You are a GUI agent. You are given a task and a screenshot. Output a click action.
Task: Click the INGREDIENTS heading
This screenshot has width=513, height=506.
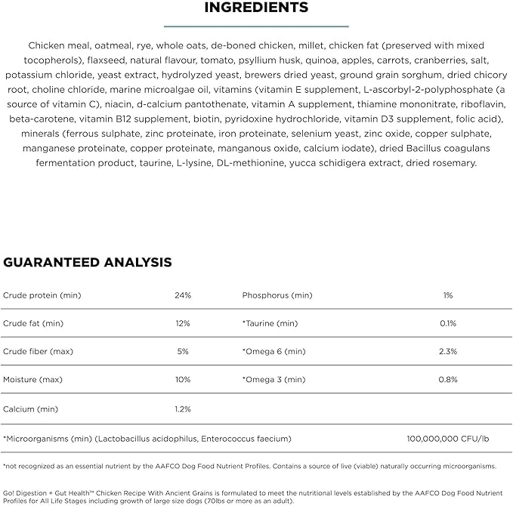click(256, 8)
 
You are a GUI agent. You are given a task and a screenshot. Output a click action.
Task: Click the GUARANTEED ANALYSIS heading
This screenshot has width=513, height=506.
click(88, 263)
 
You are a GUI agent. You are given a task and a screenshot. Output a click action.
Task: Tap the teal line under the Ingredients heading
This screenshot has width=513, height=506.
click(256, 25)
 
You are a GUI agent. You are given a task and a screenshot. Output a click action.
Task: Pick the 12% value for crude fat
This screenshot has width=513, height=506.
click(182, 323)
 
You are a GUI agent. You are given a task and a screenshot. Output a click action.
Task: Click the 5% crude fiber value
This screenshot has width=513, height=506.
click(182, 351)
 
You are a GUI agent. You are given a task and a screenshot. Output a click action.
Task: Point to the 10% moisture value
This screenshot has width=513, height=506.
click(182, 380)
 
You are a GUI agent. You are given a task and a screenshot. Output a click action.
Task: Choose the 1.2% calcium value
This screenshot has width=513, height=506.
click(182, 409)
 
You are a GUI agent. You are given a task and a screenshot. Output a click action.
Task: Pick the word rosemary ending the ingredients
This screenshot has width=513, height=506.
click(453, 162)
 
